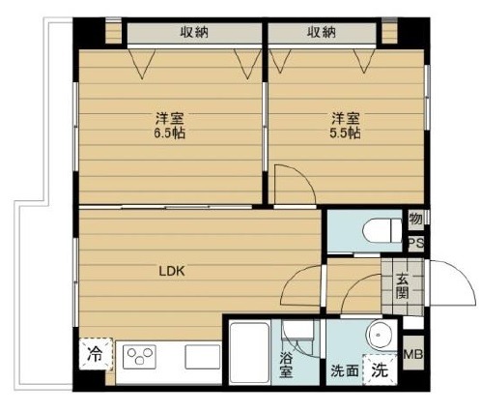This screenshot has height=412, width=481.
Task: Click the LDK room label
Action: [x=172, y=271]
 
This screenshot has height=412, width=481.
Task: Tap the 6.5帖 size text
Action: [x=169, y=132]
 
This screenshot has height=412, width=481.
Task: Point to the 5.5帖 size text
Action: [x=345, y=132]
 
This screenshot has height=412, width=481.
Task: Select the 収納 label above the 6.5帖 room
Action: [x=194, y=32]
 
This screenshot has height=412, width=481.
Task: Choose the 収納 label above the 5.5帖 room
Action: [x=322, y=32]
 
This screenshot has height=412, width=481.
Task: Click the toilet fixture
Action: [x=382, y=230]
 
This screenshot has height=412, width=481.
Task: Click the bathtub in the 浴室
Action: [x=250, y=352]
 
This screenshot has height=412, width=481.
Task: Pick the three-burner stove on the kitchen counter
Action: [x=139, y=357]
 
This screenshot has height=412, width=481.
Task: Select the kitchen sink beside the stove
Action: [x=203, y=357]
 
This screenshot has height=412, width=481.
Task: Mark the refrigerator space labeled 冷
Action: [x=96, y=354]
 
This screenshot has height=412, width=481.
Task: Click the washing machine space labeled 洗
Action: [x=380, y=369]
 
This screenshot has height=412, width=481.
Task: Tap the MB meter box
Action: [x=413, y=354]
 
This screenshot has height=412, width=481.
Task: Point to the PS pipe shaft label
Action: [x=416, y=244]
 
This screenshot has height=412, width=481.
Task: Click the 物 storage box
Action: [x=416, y=220]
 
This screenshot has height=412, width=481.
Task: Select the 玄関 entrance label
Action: [x=403, y=286]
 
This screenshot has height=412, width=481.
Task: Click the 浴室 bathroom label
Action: [x=286, y=365]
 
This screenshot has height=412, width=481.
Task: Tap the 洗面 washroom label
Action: [x=345, y=370]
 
